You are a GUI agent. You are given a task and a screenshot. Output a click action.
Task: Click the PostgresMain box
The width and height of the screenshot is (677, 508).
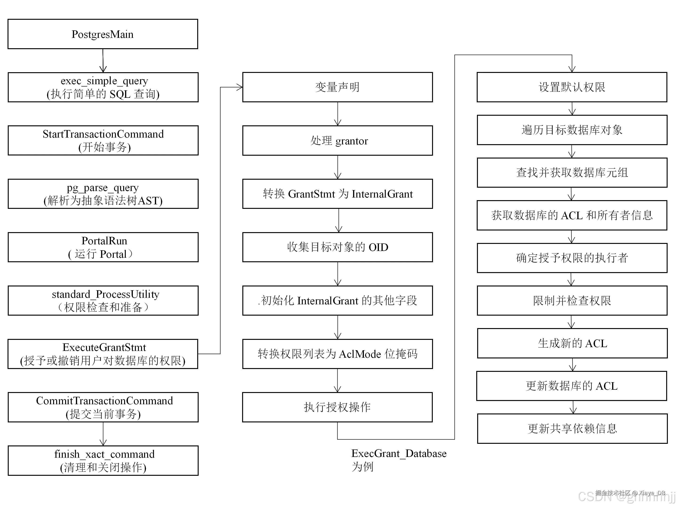coord(103,34)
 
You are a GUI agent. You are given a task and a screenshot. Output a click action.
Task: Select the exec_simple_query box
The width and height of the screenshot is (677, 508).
coord(103,87)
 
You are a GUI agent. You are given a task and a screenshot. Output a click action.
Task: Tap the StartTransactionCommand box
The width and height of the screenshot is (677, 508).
coord(103,141)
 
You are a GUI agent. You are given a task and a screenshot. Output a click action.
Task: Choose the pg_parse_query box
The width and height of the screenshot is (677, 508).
coord(103,194)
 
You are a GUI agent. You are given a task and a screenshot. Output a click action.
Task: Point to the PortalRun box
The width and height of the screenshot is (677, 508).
coord(103,247)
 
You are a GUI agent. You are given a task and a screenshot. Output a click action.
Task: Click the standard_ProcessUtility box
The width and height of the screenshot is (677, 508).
coord(103,300)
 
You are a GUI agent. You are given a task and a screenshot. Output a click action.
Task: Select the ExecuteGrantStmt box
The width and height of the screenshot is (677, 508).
coord(103,354)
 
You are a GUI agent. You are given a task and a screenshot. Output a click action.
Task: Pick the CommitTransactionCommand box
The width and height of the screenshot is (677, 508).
coord(103,407)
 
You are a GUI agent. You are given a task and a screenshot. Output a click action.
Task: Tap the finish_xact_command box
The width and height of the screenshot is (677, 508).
coord(103,460)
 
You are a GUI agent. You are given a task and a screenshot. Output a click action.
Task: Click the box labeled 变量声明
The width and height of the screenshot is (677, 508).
coord(337,87)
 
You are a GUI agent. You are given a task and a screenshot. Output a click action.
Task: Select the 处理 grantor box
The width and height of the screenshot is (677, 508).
coord(337,141)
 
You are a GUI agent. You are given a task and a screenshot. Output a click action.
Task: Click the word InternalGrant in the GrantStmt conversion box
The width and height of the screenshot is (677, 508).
coord(382,194)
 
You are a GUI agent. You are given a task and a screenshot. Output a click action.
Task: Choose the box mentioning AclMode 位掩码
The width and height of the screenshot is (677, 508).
coord(337,354)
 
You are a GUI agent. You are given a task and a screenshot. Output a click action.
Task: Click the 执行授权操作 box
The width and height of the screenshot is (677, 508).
coord(337,407)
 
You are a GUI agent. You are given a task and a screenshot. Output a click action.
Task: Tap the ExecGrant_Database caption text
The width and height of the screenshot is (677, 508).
coord(398,453)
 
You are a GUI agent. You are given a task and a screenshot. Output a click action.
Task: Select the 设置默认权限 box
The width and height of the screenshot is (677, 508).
coord(572,87)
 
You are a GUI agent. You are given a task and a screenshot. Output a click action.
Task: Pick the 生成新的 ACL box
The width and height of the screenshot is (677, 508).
coord(572,343)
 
